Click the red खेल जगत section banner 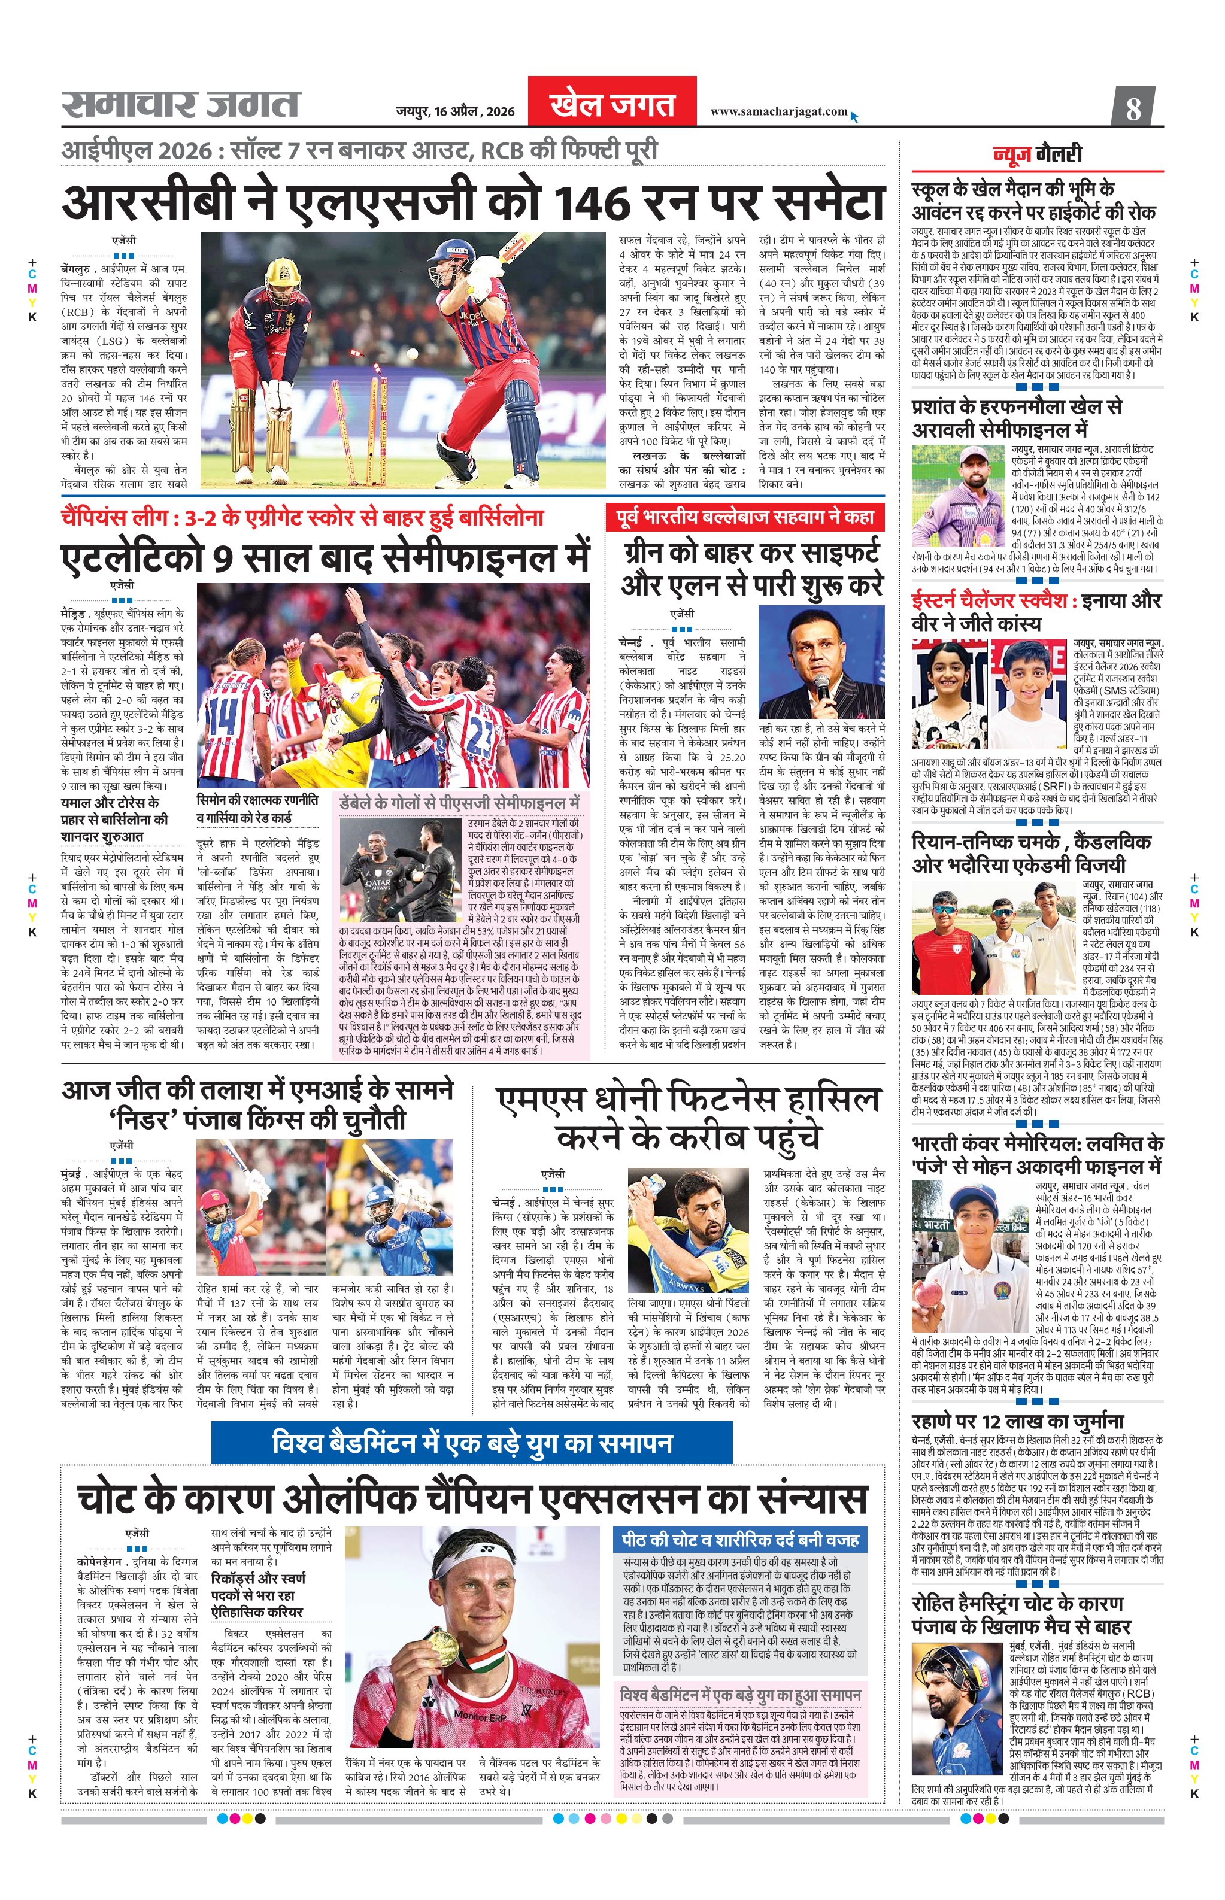(612, 104)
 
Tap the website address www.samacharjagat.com (778, 111)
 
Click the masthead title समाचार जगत (181, 104)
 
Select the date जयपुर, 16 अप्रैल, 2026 (455, 112)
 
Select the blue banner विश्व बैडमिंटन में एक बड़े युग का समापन (472, 1443)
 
